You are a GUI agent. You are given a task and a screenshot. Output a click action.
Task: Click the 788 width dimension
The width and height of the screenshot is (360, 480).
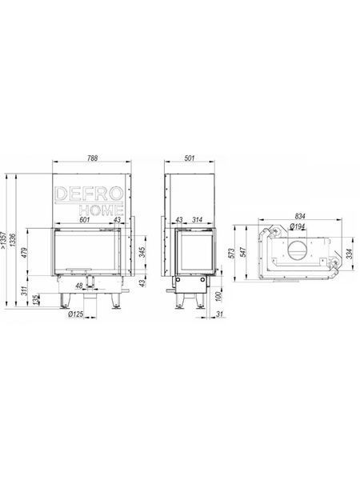click(92, 158)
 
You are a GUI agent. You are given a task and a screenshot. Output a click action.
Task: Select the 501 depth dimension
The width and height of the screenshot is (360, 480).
click(190, 158)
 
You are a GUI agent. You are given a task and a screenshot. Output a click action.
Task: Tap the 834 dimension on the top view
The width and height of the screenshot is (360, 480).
click(300, 216)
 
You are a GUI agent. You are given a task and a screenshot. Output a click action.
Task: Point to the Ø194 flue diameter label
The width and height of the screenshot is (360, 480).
click(296, 226)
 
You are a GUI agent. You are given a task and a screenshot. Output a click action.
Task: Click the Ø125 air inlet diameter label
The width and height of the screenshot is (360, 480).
click(76, 314)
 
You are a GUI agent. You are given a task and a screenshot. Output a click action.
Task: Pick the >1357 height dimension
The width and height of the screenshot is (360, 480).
click(4, 241)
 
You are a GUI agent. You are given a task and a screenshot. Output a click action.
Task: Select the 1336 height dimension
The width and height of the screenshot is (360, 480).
click(12, 241)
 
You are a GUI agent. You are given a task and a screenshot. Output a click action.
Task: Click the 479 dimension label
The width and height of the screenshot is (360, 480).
click(25, 254)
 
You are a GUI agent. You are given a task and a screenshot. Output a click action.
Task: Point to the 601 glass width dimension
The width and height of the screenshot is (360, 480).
click(85, 219)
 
